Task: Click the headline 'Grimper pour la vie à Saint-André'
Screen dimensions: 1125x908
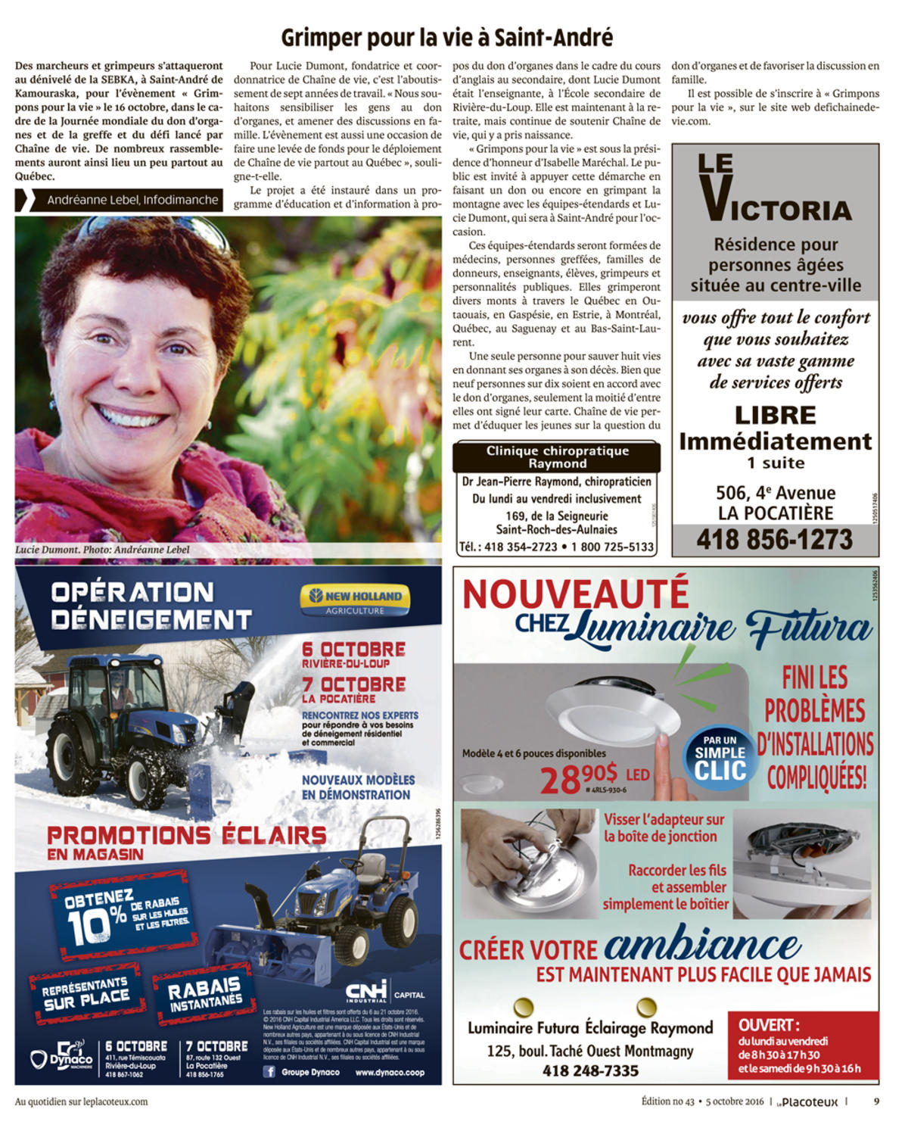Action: click(446, 37)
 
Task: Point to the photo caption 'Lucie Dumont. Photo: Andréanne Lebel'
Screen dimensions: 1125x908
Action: click(102, 550)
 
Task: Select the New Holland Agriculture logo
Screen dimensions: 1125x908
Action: click(355, 600)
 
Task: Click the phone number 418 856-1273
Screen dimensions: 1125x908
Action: click(774, 540)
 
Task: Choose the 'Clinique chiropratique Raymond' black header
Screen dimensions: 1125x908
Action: click(557, 457)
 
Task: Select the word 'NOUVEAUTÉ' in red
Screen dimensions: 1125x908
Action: click(575, 593)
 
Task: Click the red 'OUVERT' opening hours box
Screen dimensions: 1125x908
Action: click(802, 1046)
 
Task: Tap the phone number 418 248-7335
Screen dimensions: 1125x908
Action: click(590, 1070)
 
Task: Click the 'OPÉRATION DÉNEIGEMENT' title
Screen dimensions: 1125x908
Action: click(151, 606)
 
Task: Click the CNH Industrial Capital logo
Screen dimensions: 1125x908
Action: click(384, 992)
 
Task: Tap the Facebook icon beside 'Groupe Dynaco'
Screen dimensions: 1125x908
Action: click(269, 1072)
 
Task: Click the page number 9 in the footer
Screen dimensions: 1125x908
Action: click(876, 1102)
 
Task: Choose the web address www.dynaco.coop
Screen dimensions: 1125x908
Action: click(390, 1072)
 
